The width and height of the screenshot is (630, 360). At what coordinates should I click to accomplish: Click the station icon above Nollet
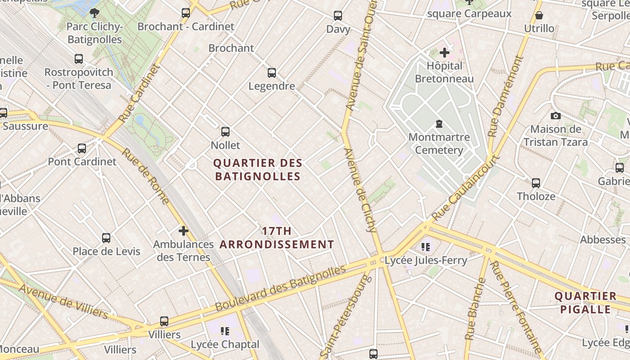pyautogui.click(x=225, y=132)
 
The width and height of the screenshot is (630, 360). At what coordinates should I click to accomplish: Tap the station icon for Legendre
pyautogui.click(x=272, y=72)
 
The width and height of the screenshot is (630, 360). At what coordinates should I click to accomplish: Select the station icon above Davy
pyautogui.click(x=338, y=16)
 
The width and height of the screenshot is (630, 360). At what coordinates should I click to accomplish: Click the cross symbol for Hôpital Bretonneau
pyautogui.click(x=445, y=53)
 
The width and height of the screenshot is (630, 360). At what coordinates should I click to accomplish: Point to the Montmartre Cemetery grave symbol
pyautogui.click(x=439, y=124)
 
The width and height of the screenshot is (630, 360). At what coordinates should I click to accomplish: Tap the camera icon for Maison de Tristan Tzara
pyautogui.click(x=556, y=116)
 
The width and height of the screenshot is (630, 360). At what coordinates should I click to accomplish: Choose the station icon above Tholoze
pyautogui.click(x=536, y=183)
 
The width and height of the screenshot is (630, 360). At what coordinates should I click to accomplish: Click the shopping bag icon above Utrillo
pyautogui.click(x=539, y=16)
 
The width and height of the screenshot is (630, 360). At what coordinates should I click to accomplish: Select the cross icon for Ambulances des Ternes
pyautogui.click(x=183, y=231)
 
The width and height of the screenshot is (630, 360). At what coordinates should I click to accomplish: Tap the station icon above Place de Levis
pyautogui.click(x=106, y=238)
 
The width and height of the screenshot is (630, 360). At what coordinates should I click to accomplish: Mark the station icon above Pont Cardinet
pyautogui.click(x=82, y=148)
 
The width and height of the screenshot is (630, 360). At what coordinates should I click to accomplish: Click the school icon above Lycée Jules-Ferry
pyautogui.click(x=426, y=247)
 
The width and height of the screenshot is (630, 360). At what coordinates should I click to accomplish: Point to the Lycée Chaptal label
pyautogui.click(x=225, y=344)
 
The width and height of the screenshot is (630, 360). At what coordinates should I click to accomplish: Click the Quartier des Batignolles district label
pyautogui.click(x=257, y=170)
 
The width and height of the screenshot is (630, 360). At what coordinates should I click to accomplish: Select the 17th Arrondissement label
pyautogui.click(x=277, y=238)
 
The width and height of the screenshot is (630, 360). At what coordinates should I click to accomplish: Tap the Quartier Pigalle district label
pyautogui.click(x=585, y=303)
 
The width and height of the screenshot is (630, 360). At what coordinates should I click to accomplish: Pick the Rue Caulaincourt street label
pyautogui.click(x=466, y=188)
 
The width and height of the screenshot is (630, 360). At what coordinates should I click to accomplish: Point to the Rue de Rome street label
pyautogui.click(x=145, y=175)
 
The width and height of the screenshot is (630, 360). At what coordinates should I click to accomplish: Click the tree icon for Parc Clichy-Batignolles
pyautogui.click(x=94, y=13)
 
